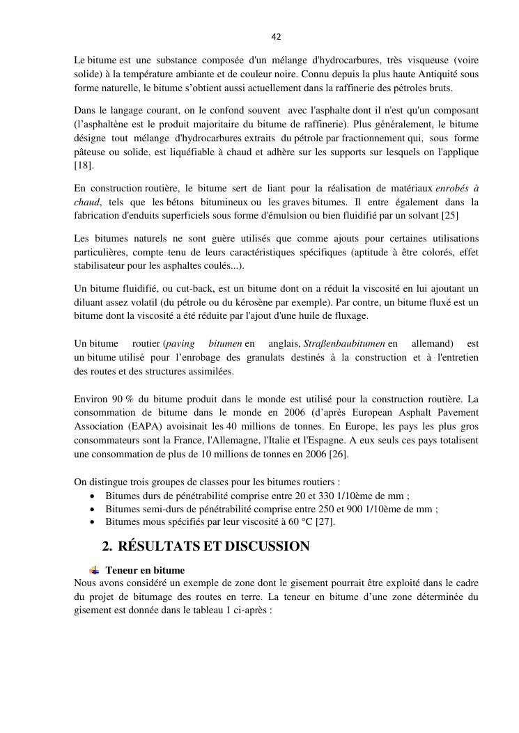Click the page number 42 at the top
277,37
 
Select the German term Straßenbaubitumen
353,344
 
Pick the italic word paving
180,344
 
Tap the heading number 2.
107,546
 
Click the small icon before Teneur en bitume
94,570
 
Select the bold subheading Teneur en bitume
145,570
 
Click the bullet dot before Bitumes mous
93,521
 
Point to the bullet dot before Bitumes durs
93,496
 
